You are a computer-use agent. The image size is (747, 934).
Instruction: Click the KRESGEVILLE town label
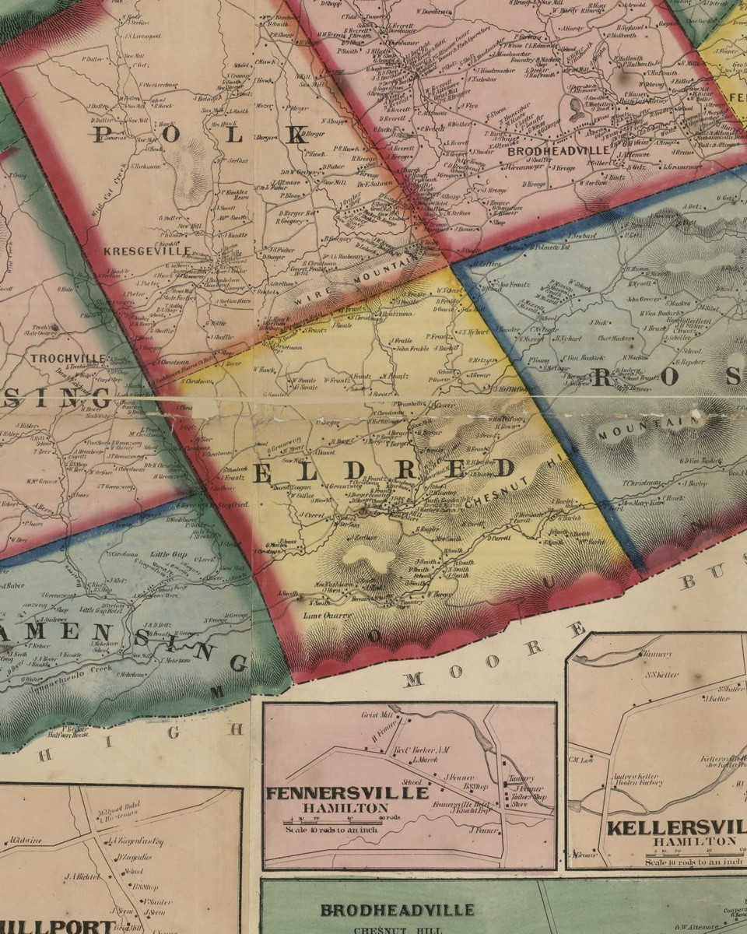click(x=147, y=251)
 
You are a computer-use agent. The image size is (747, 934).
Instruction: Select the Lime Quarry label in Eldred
click(x=327, y=616)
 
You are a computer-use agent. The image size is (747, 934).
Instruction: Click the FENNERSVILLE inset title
click(x=347, y=793)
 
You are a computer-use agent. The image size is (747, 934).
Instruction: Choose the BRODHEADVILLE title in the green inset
click(x=397, y=910)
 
